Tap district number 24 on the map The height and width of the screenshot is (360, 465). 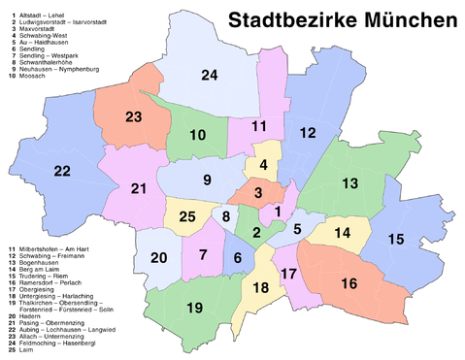[210, 75]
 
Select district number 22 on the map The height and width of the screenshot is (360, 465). [62, 171]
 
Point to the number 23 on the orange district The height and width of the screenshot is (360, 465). [134, 117]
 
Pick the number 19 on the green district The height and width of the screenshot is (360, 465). [193, 308]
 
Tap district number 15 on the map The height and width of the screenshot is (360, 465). [396, 239]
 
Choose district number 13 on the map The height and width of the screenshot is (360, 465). [349, 183]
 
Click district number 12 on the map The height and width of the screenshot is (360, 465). [308, 132]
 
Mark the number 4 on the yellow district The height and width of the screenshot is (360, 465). [262, 164]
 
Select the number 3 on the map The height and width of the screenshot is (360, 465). [258, 193]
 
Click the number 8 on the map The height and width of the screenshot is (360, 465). [226, 216]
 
